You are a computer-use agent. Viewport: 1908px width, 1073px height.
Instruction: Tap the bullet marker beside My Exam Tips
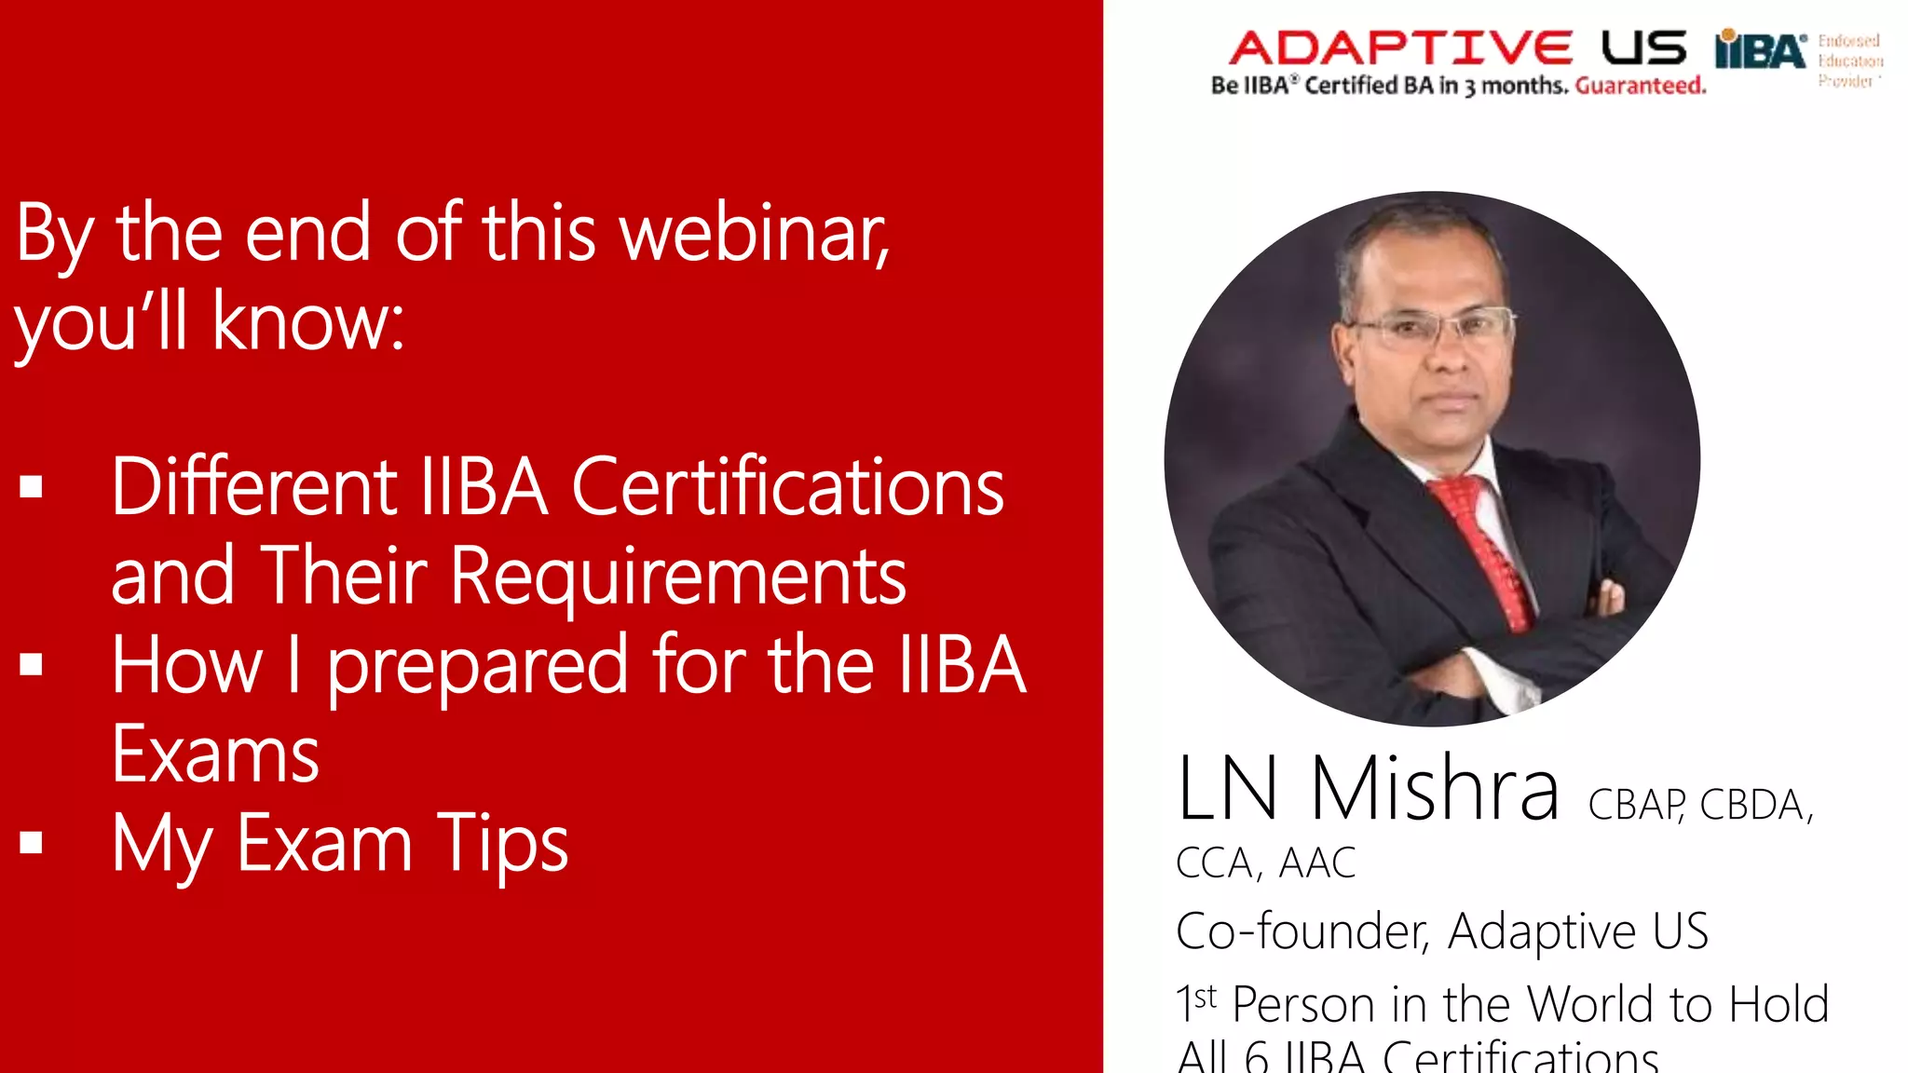click(32, 842)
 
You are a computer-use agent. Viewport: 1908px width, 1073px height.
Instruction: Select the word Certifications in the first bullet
click(787, 487)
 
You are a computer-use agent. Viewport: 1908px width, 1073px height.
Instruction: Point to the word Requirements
click(677, 577)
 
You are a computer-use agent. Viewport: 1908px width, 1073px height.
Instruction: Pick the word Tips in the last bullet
click(502, 845)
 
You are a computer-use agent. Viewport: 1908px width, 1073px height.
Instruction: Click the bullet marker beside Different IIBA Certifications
click(32, 486)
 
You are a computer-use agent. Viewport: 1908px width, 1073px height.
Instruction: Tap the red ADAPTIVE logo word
click(1400, 48)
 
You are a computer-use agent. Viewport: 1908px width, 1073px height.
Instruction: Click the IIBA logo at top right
click(1760, 50)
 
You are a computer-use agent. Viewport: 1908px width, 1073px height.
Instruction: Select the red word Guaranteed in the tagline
click(1641, 86)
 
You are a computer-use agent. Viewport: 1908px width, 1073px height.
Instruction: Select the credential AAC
click(1316, 863)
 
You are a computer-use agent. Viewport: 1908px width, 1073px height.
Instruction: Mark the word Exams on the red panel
click(215, 755)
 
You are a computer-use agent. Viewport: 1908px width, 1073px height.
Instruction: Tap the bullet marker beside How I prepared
click(32, 664)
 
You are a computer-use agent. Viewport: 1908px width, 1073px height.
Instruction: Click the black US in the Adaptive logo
click(1643, 48)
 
